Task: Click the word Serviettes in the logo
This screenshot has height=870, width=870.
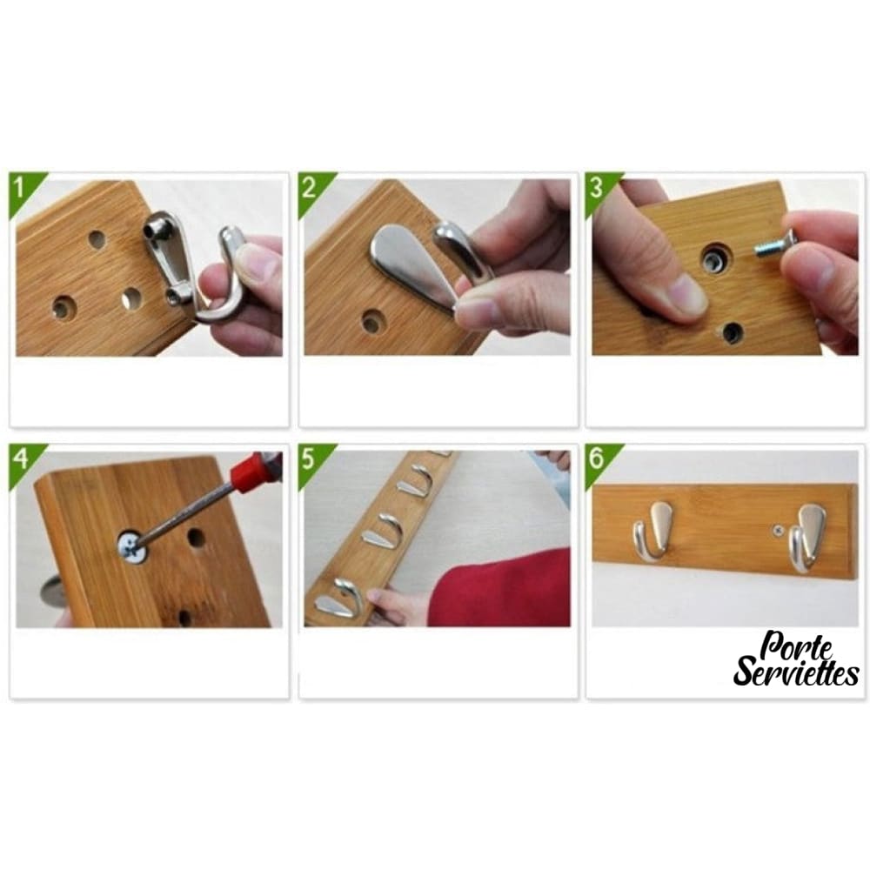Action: click(796, 672)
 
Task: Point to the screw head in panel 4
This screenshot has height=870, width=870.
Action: click(132, 546)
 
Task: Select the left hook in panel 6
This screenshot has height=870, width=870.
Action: click(652, 529)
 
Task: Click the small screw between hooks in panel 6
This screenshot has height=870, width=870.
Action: click(777, 532)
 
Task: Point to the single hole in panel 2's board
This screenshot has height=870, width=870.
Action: click(371, 321)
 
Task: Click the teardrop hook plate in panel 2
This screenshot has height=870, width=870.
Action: click(412, 266)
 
